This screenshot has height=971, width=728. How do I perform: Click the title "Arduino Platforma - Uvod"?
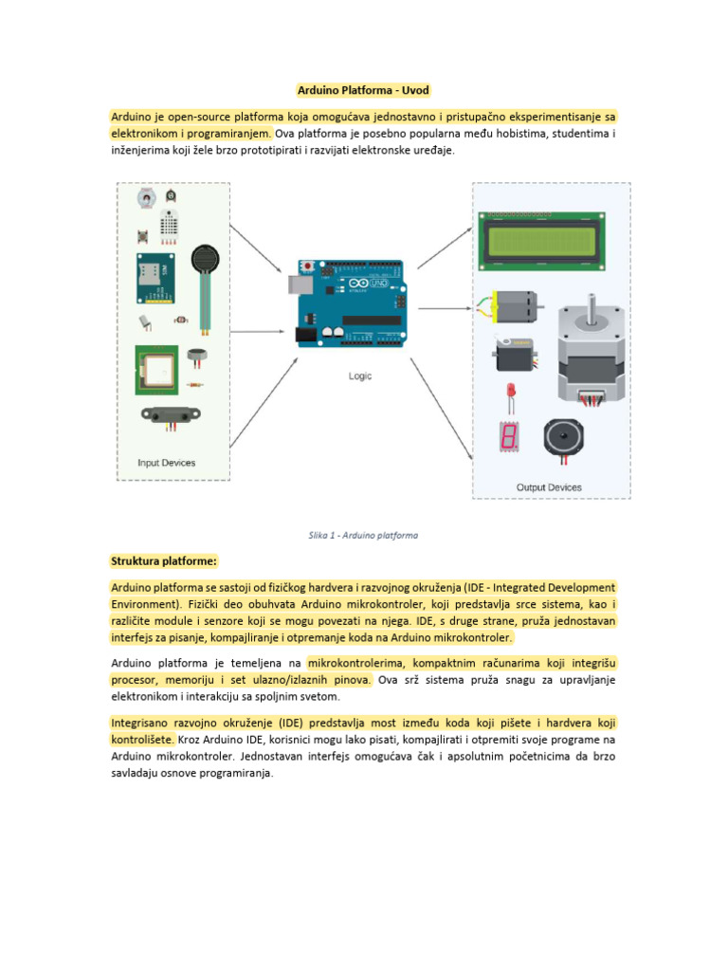coord(363,91)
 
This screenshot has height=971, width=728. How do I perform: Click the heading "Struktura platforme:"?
coord(164,560)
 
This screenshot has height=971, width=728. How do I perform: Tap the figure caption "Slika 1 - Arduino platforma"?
coord(363,535)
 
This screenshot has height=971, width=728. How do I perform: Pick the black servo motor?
coord(516,354)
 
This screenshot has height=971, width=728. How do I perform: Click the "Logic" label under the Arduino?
coord(360,376)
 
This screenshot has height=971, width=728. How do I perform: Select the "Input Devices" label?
coord(168,463)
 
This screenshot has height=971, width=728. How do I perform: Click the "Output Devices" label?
coord(549,487)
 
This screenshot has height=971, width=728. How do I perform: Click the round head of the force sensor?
coord(204,259)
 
